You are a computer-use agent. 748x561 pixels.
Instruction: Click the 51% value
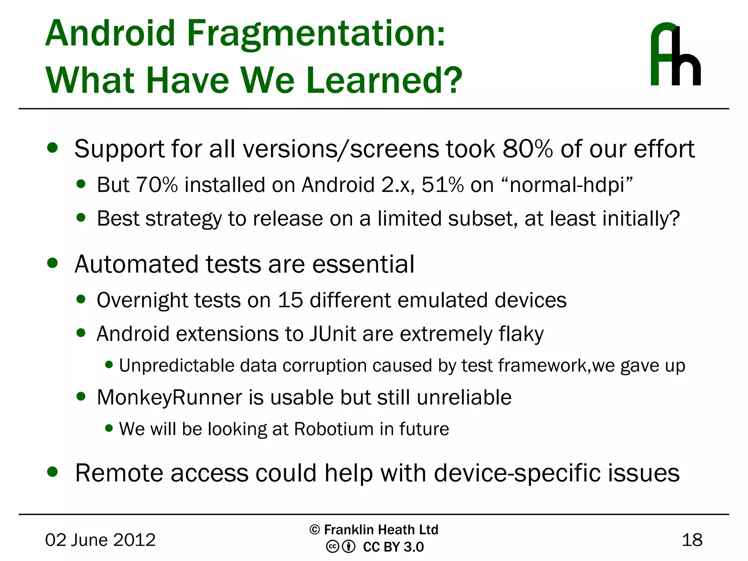[442, 185]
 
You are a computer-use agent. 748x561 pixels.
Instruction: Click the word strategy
[183, 219]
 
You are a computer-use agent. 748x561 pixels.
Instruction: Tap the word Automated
[137, 264]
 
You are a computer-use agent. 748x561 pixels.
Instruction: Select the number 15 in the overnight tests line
[290, 300]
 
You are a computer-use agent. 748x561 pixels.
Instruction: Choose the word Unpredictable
[176, 366]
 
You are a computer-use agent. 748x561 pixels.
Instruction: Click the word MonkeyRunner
[169, 397]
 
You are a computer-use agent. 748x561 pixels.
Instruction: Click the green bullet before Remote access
[53, 472]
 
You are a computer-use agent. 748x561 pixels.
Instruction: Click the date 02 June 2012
[100, 540]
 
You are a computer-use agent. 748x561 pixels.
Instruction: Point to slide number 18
[692, 540]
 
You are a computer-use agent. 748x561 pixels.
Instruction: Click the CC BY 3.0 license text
[393, 547]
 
